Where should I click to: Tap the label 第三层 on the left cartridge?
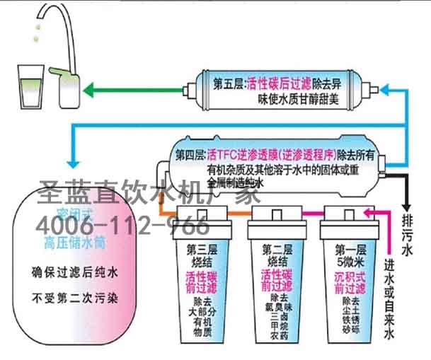pos(201,248)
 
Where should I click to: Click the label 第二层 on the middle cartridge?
pos(276,248)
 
